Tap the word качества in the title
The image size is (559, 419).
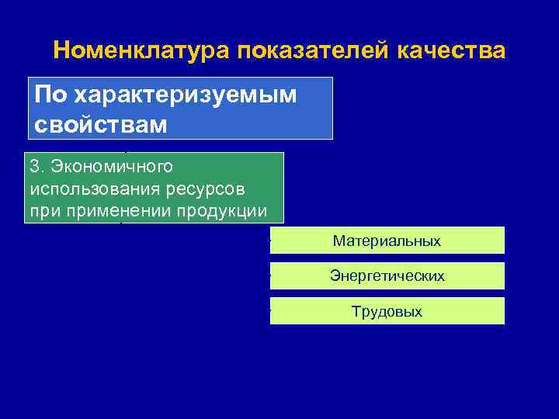click(451, 51)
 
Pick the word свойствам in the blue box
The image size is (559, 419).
click(100, 123)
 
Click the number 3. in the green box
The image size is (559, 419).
click(37, 167)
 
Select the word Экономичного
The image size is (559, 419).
click(112, 167)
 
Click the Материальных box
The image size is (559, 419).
click(387, 241)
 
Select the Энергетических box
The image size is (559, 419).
click(387, 275)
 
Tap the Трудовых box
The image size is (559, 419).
click(387, 311)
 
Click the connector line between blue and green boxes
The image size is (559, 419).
click(127, 146)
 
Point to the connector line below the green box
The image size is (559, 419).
click(121, 224)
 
